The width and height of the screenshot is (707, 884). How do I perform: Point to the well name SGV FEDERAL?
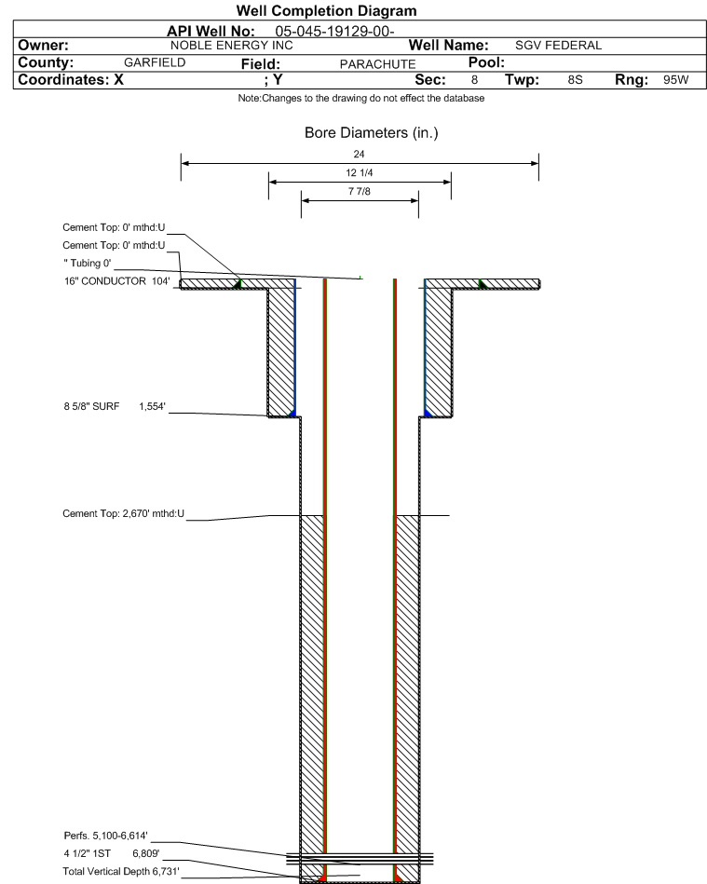coord(558,46)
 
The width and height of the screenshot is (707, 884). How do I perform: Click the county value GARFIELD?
coord(156,62)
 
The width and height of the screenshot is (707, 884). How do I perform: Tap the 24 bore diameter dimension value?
coord(360,154)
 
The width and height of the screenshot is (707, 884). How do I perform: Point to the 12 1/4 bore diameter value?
coord(360,173)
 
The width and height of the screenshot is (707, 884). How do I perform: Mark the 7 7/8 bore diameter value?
coord(360,192)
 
